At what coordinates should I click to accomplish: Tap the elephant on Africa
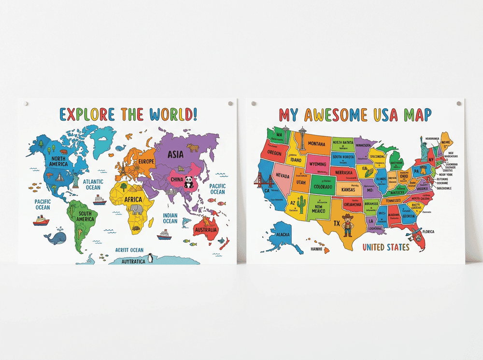point(137,209)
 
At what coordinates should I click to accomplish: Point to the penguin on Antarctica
point(151,258)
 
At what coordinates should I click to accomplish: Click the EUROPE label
point(146,161)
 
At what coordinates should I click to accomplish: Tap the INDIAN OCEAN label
point(170,218)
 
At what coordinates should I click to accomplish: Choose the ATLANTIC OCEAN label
point(92,184)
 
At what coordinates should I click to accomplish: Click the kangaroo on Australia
point(208,221)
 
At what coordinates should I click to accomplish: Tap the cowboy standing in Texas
point(347,225)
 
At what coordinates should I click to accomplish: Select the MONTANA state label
point(316,144)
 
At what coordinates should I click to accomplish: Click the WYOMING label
point(318,164)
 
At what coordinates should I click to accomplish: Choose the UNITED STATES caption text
point(386,248)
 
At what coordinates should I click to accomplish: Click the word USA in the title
point(381,115)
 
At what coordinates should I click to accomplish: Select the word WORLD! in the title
point(173,114)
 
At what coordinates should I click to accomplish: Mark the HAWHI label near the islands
point(316,249)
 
